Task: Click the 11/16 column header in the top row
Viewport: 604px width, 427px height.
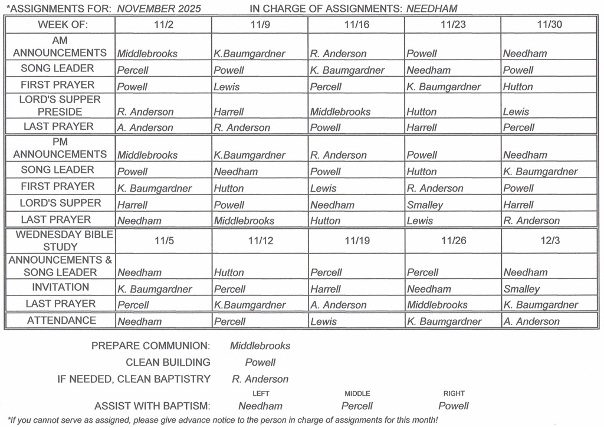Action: point(356,25)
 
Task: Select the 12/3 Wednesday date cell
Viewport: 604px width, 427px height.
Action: point(549,241)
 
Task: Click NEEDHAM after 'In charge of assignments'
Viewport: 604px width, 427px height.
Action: point(432,9)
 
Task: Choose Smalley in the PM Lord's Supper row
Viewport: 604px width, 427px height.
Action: point(425,205)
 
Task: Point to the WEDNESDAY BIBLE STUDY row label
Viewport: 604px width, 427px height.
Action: point(60,241)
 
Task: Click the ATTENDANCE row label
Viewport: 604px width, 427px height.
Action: point(60,320)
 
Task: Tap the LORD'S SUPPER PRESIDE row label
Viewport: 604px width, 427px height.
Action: point(60,106)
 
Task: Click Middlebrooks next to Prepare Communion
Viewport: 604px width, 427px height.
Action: point(260,346)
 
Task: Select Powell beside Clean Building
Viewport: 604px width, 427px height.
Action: point(260,362)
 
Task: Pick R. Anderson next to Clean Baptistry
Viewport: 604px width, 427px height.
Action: point(260,379)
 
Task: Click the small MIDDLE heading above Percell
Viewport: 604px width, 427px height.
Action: point(357,393)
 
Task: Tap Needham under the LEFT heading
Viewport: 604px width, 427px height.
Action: point(260,406)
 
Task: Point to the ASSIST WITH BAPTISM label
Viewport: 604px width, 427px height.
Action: point(152,406)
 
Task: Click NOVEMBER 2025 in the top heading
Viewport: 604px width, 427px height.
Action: point(159,9)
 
